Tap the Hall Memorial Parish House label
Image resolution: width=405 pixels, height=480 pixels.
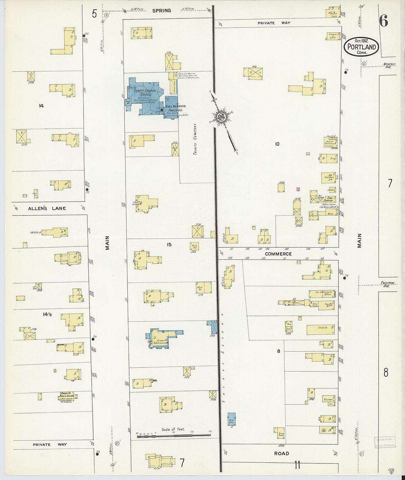175,108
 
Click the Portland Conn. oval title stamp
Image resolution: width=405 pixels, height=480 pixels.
362,47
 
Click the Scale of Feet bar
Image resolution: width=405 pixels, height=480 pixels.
173,436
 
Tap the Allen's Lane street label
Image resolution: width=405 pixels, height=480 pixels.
47,209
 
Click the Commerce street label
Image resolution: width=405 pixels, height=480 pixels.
278,254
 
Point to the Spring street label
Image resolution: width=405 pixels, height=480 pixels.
162,11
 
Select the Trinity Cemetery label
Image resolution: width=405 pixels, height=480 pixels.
195,139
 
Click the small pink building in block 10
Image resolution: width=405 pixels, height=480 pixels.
298,189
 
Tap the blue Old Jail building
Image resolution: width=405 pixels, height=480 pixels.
232,419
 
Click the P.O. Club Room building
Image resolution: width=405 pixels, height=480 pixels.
328,178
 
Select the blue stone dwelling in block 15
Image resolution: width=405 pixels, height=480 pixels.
162,337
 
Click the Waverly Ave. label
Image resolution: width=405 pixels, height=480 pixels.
389,65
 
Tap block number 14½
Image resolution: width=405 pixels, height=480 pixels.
47,314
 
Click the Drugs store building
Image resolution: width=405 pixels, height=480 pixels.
328,159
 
